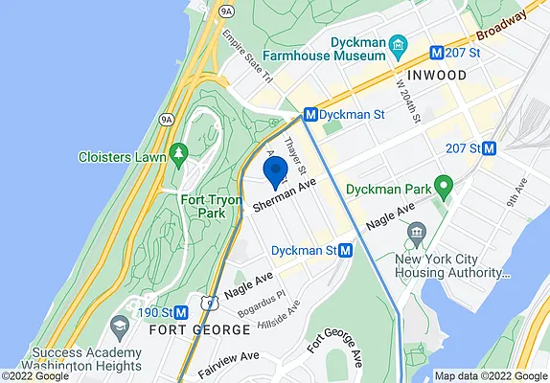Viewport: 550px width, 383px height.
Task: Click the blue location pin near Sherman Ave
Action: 276,172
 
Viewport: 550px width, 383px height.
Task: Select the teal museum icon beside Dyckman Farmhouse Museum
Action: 403,43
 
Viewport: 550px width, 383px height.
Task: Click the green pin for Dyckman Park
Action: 443,185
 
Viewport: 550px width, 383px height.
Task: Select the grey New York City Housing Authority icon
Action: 417,233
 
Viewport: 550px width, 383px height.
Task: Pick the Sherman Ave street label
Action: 285,198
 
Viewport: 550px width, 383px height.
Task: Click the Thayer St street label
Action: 296,153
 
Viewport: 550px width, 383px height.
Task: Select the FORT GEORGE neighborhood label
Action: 199,329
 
